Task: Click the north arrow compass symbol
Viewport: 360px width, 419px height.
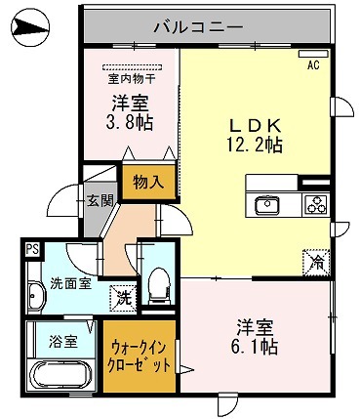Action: click(x=30, y=26)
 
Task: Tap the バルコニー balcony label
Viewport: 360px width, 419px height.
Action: click(x=199, y=26)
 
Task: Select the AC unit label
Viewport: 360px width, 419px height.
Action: click(x=313, y=65)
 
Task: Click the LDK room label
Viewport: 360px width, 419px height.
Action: click(x=255, y=125)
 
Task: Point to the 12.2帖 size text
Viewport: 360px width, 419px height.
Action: click(x=255, y=145)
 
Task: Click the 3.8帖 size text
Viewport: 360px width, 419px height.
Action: click(x=130, y=122)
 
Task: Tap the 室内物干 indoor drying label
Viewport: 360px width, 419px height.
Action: click(x=132, y=79)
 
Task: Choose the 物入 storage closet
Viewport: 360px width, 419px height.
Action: click(x=149, y=183)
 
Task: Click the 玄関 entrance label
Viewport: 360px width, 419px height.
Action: click(x=100, y=200)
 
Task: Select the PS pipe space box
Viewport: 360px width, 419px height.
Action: click(x=32, y=250)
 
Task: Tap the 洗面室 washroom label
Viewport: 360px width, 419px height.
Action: click(x=70, y=284)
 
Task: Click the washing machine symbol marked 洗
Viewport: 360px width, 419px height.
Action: click(x=123, y=298)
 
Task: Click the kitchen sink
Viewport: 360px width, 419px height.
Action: click(x=267, y=205)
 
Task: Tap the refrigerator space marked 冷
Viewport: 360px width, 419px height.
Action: click(x=316, y=263)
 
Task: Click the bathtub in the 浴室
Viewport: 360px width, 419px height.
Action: click(x=60, y=375)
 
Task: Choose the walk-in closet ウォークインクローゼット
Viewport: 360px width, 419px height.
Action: click(x=140, y=356)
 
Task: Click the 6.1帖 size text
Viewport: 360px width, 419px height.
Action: click(x=255, y=347)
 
